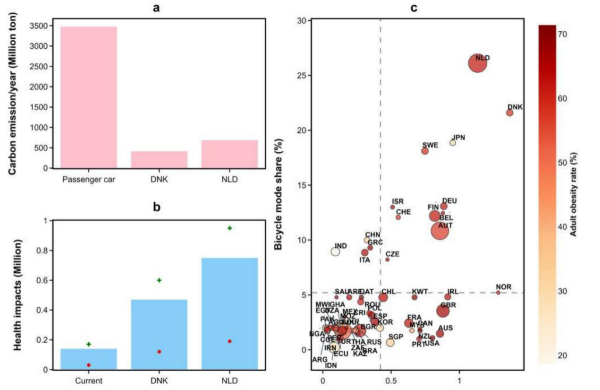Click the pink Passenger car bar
pyautogui.click(x=89, y=97)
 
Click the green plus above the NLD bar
pyautogui.click(x=230, y=228)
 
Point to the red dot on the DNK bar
pyautogui.click(x=159, y=352)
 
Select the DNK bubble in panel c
pyautogui.click(x=510, y=113)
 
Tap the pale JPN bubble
pyautogui.click(x=453, y=142)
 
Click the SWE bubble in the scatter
pyautogui.click(x=425, y=151)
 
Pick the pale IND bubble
pyautogui.click(x=335, y=251)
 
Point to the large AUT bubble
pyautogui.click(x=440, y=230)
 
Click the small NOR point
pyautogui.click(x=498, y=293)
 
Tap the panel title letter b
pyautogui.click(x=159, y=207)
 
